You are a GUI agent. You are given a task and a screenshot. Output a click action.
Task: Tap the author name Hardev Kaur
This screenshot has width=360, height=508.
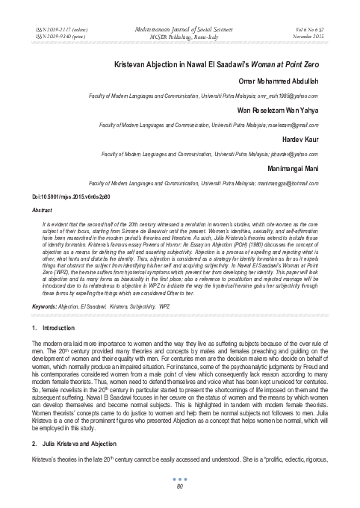[313, 139]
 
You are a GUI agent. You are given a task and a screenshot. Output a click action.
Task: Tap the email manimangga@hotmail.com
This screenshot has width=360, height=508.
[299, 182]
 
